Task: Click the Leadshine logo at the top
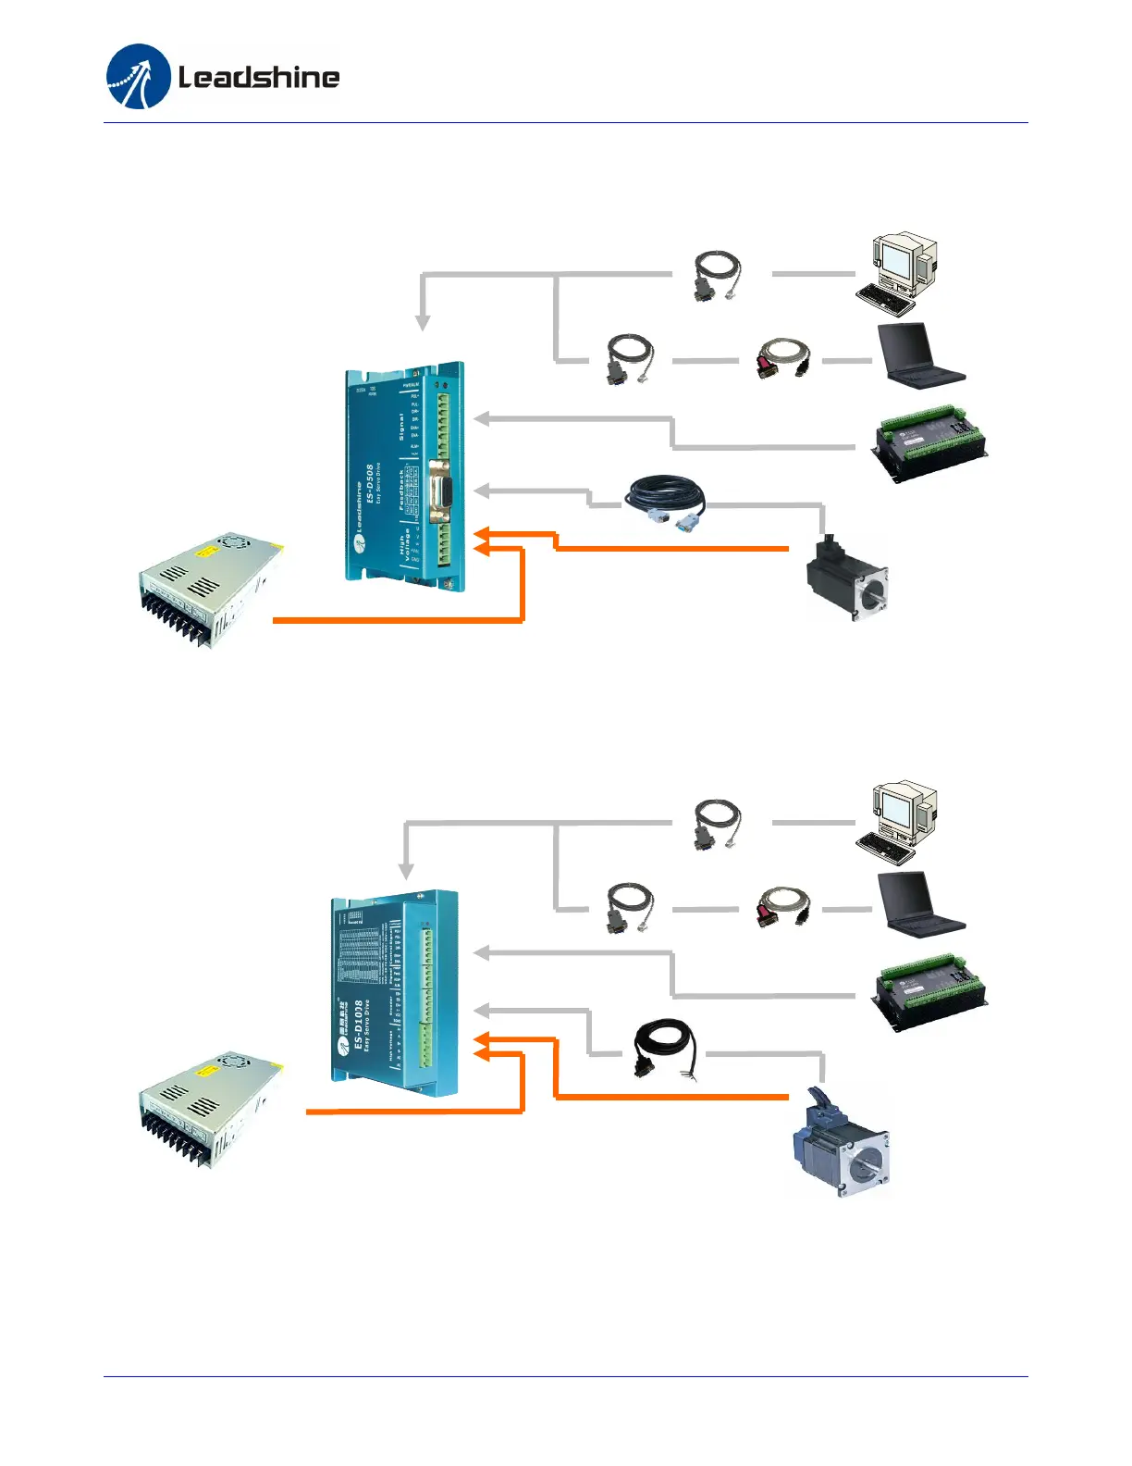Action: pyautogui.click(x=223, y=77)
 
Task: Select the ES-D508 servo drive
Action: pyautogui.click(x=405, y=475)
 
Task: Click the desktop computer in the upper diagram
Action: pyautogui.click(x=898, y=272)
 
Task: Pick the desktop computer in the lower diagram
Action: pyautogui.click(x=898, y=820)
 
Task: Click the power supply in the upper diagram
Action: pyautogui.click(x=211, y=589)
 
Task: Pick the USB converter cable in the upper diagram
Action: pyautogui.click(x=782, y=359)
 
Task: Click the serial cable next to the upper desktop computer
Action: pyautogui.click(x=717, y=275)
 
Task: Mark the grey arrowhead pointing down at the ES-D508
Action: pyautogui.click(x=423, y=323)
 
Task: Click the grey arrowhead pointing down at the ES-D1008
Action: pyautogui.click(x=406, y=872)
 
